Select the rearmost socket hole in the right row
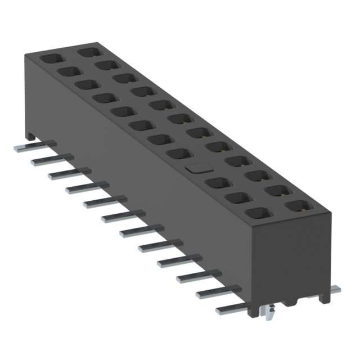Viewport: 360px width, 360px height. (88, 52)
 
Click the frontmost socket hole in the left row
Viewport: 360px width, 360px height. (258, 213)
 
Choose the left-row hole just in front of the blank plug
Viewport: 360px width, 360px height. (216, 182)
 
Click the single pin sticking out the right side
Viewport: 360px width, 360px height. (334, 290)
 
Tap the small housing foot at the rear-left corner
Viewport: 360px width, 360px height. (31, 136)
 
